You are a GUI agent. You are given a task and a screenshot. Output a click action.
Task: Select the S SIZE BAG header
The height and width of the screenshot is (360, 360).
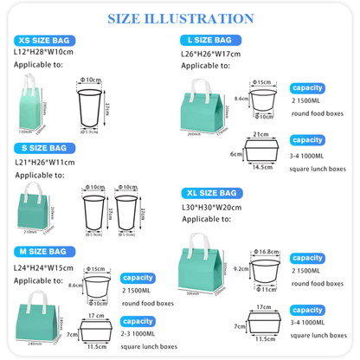(43, 148)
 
